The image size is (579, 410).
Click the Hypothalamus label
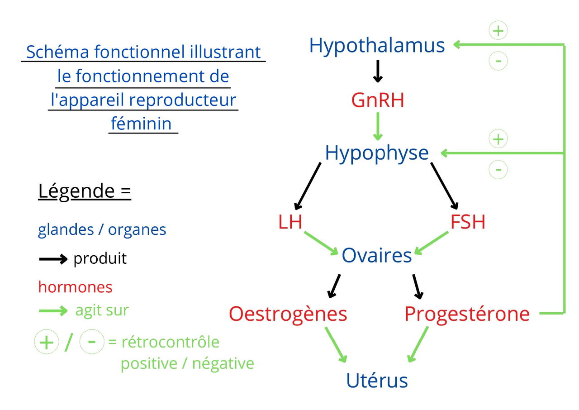[377, 46]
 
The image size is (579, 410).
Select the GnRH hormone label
[378, 100]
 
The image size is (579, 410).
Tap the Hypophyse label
[377, 153]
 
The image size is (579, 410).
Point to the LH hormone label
[290, 222]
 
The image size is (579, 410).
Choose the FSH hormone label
[468, 222]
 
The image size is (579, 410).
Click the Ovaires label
[377, 256]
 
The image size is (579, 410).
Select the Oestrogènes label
[288, 314]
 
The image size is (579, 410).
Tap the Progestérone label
[467, 314]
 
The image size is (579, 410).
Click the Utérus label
[377, 381]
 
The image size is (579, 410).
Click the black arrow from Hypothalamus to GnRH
[378, 72]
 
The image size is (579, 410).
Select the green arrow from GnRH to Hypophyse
[378, 126]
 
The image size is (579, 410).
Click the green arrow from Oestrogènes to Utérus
[335, 344]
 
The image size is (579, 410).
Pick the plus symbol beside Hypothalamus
[498, 31]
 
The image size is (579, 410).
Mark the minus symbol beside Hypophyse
[498, 170]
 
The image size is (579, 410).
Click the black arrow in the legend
[53, 259]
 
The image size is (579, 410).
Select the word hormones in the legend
[75, 287]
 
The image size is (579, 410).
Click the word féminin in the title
[141, 124]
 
